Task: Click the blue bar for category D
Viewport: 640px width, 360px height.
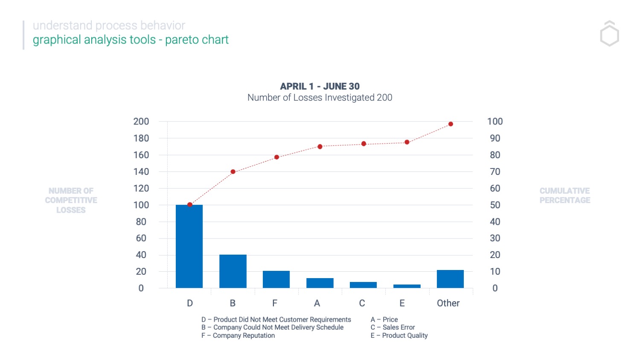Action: point(189,246)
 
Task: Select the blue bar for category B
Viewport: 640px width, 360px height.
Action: point(233,271)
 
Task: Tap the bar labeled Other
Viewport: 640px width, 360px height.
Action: point(450,279)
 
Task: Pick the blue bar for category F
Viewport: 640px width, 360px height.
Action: point(276,279)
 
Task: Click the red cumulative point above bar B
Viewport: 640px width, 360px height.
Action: point(233,172)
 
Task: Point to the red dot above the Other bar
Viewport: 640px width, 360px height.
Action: point(451,124)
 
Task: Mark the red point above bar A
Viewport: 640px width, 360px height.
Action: point(320,147)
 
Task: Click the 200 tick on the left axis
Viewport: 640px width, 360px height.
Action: point(141,122)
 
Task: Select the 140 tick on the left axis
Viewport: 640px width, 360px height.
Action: point(141,172)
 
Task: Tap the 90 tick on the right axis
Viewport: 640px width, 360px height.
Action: point(495,138)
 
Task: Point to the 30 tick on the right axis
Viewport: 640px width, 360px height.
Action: point(495,238)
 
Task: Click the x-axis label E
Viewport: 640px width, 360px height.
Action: point(402,303)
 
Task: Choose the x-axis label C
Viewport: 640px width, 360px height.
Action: point(362,303)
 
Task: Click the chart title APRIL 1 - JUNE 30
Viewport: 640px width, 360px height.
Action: point(320,87)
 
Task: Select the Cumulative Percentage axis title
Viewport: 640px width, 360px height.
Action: point(564,196)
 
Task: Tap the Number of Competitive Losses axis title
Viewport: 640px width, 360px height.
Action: point(71,200)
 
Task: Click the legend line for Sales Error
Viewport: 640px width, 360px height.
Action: point(393,328)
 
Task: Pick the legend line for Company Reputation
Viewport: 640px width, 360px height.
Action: point(238,336)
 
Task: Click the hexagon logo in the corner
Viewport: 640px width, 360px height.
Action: point(609,34)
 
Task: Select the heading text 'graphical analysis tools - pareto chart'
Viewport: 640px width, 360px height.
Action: point(131,40)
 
